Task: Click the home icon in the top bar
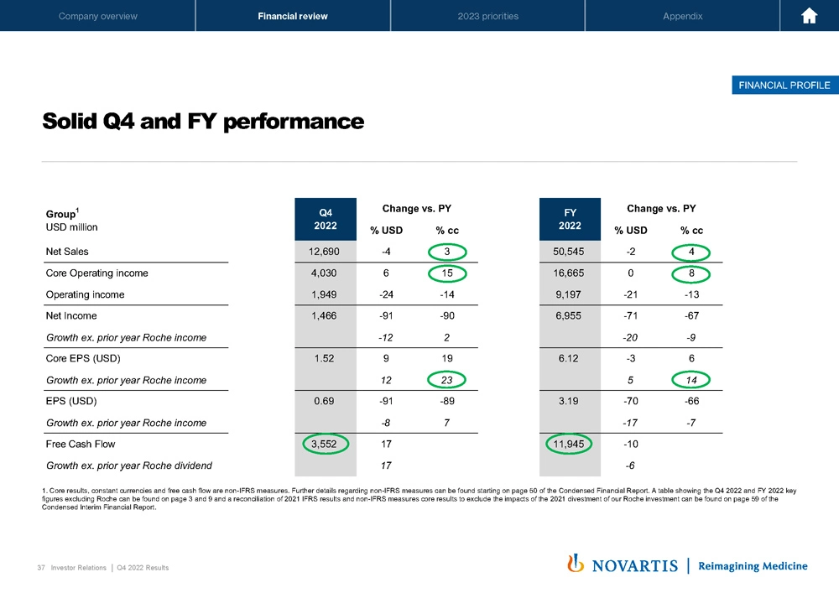(x=810, y=16)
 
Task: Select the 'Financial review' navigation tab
(x=293, y=16)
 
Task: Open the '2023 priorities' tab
(x=487, y=16)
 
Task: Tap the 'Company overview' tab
(x=97, y=16)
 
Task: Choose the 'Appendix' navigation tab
(x=682, y=16)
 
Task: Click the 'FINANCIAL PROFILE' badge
(x=784, y=85)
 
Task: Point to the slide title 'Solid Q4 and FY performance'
(x=203, y=122)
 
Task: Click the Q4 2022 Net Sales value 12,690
(x=323, y=251)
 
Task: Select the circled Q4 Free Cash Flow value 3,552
(x=323, y=444)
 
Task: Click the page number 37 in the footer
(x=41, y=568)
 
